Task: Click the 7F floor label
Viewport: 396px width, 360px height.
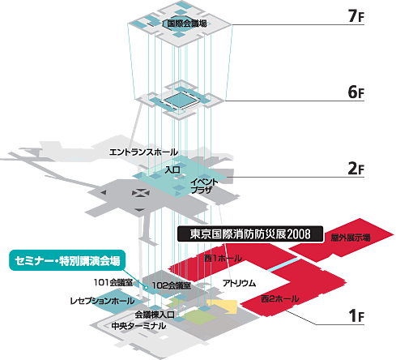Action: (x=356, y=15)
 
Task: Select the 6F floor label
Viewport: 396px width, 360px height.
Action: (x=356, y=92)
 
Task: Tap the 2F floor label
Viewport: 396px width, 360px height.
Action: (x=356, y=169)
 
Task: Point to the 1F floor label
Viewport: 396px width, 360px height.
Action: (x=356, y=315)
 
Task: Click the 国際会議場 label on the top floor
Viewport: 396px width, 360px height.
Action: (x=187, y=24)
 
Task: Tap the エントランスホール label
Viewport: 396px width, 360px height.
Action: (x=143, y=152)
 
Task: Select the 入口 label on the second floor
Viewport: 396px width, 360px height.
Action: (x=172, y=169)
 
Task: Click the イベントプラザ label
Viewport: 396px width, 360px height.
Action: (x=204, y=186)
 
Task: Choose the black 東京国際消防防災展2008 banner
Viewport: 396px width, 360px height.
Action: (x=250, y=234)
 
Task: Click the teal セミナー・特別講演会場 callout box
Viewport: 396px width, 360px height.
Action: (x=67, y=260)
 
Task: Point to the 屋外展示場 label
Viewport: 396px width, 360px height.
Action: (x=351, y=238)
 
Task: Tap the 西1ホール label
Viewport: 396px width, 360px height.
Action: (x=223, y=258)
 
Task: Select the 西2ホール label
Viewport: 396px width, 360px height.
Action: (x=280, y=298)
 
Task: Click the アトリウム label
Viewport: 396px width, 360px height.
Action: (x=239, y=283)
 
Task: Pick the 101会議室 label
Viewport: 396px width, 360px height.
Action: (x=113, y=282)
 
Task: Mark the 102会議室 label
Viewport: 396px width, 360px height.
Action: (x=172, y=285)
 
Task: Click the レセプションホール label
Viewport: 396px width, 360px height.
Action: (x=102, y=301)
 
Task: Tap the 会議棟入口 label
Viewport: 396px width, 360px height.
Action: (x=155, y=315)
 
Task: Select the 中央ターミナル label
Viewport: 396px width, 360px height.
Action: (x=138, y=326)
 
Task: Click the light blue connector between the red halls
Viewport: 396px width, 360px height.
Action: (x=283, y=264)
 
